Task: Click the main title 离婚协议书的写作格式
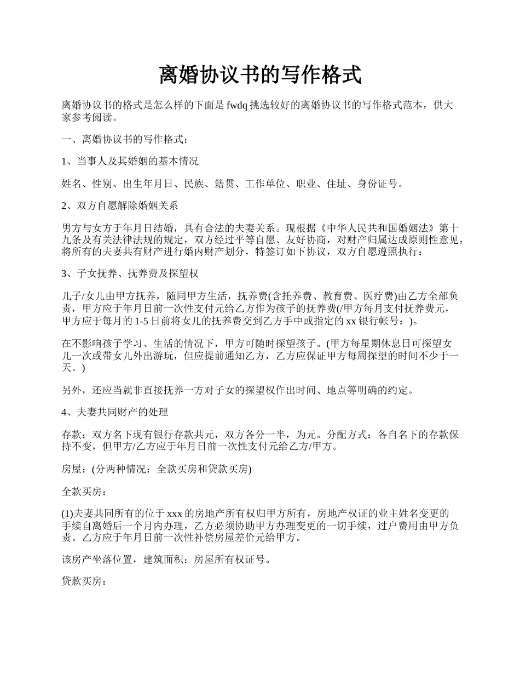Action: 260,75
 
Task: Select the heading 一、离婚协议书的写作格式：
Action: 126,139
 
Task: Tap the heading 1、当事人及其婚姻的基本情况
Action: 130,161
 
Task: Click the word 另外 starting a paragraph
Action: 72,390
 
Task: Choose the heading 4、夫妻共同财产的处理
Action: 114,412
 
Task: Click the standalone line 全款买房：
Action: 82,492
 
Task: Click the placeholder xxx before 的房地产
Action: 174,514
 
